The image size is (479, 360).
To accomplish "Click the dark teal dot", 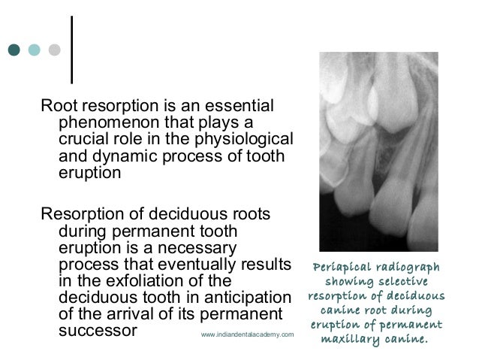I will pos(14,50).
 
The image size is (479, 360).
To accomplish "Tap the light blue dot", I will pos(34,50).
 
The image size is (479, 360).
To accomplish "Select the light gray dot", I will pos(54,50).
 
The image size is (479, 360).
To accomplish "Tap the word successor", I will pos(97,330).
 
